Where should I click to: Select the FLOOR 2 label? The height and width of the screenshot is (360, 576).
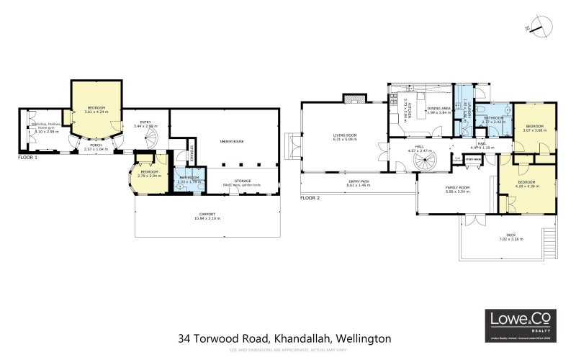(x=311, y=197)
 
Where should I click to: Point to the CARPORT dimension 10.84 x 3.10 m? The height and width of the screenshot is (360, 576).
(x=207, y=217)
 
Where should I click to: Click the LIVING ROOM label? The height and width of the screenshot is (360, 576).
(x=345, y=136)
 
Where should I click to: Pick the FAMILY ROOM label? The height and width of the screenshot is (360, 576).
(x=457, y=189)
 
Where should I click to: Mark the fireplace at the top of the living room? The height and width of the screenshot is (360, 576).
(x=351, y=99)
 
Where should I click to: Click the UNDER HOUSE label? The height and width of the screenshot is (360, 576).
(x=232, y=141)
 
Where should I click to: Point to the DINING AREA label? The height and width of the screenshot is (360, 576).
(x=438, y=109)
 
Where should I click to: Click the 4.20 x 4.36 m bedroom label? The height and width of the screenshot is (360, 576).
(x=528, y=185)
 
